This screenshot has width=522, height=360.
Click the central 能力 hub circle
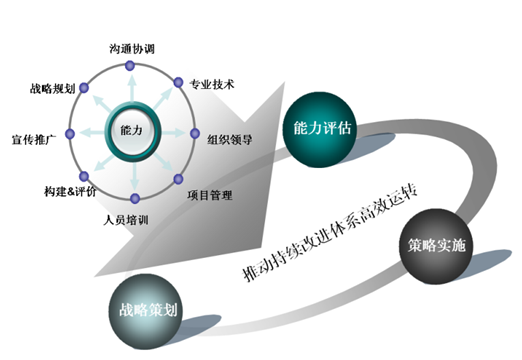pyautogui.click(x=131, y=130)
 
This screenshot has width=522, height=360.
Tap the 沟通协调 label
pyautogui.click(x=132, y=47)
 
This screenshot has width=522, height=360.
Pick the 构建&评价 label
pyautogui.click(x=70, y=190)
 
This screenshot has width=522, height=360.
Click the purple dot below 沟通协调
pyautogui.click(x=131, y=66)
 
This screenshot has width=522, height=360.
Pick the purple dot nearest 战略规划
pyautogui.click(x=84, y=88)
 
